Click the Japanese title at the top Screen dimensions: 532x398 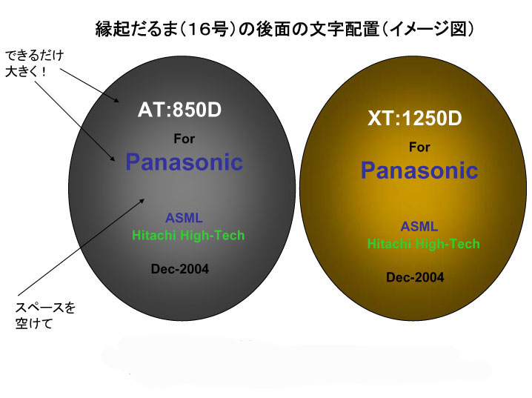[x=285, y=29]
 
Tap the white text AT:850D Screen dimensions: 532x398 [x=179, y=110]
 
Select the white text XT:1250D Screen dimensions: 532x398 [x=415, y=118]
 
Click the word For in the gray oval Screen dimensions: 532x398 [x=184, y=139]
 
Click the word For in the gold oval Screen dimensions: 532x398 [x=419, y=147]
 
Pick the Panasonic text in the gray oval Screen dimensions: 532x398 [x=184, y=162]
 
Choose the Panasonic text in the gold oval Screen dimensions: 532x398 [x=419, y=170]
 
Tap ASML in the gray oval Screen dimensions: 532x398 [x=184, y=218]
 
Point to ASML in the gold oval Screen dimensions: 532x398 [x=419, y=226]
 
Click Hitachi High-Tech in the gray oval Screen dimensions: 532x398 [x=188, y=235]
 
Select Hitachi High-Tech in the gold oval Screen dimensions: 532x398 [x=423, y=244]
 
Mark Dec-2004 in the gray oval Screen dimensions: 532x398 [x=180, y=269]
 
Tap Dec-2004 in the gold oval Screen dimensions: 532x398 [x=415, y=277]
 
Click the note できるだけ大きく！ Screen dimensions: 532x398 [x=34, y=63]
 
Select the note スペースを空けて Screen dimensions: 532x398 [x=45, y=316]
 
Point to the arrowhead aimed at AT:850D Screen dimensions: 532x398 [x=117, y=100]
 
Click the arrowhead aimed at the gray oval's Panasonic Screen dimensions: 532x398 [x=113, y=158]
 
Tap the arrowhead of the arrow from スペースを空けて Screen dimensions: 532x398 [x=142, y=201]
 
